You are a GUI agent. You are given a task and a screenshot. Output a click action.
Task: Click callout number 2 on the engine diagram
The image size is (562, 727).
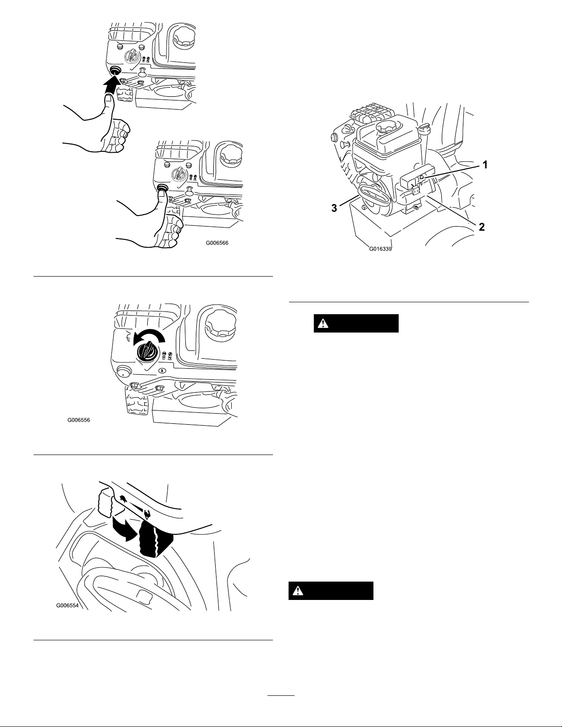[481, 226]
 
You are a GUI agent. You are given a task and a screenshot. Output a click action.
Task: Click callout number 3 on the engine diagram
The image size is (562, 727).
[334, 208]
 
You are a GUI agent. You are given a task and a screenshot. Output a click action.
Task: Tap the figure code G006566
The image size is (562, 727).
[217, 244]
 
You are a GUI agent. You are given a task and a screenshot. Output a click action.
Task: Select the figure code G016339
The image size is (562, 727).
[381, 250]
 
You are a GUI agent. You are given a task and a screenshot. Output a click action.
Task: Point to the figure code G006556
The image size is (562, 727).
[78, 420]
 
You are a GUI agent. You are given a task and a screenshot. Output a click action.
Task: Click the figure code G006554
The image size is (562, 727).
[67, 605]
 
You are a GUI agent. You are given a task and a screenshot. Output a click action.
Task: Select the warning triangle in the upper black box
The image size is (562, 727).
[324, 323]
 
